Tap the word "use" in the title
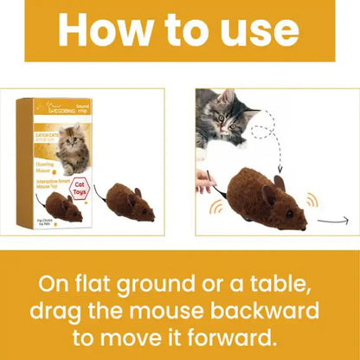click(x=259, y=31)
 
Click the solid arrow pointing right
click(x=331, y=221)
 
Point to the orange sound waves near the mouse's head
click(x=311, y=198)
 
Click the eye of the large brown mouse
click(x=289, y=211)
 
